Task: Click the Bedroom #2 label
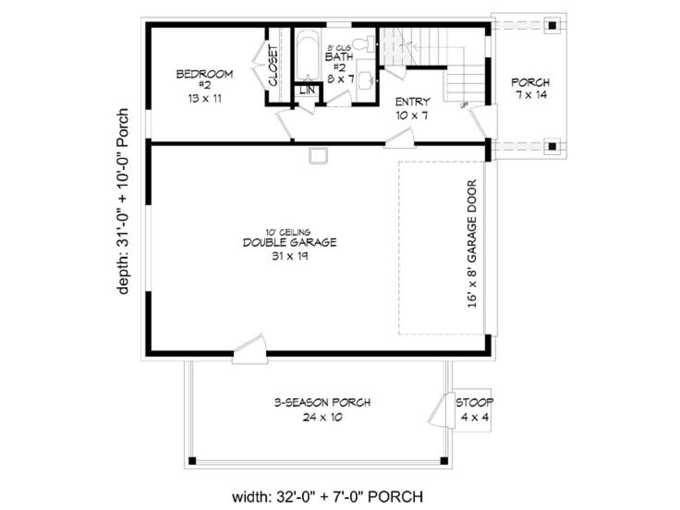click(204, 86)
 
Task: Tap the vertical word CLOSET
click(273, 65)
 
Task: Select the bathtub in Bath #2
click(308, 57)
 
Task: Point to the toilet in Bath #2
click(365, 44)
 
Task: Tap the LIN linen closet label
click(307, 90)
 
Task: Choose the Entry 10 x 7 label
click(412, 108)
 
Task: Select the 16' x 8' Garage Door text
click(471, 244)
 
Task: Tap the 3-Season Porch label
click(322, 410)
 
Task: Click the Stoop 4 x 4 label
click(474, 410)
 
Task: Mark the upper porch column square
click(552, 25)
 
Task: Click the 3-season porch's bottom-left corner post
click(192, 461)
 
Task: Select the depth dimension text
click(123, 201)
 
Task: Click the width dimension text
click(328, 496)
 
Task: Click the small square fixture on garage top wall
click(318, 156)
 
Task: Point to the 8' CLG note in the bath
click(339, 48)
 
